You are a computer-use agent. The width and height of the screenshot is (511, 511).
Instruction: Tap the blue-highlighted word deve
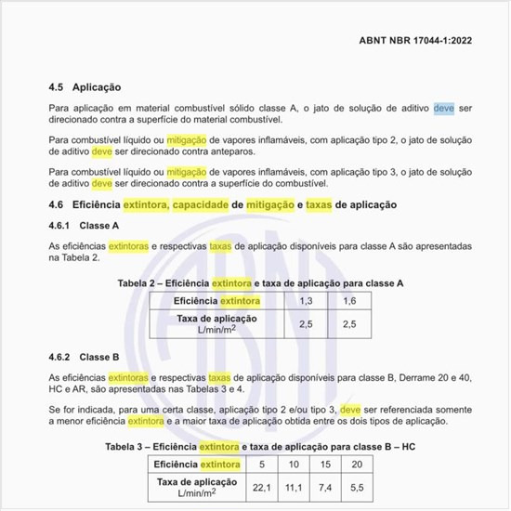(x=444, y=109)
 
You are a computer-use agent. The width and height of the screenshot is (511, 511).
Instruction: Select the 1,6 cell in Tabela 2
(x=349, y=301)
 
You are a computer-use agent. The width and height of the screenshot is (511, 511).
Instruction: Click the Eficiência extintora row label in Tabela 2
(x=217, y=301)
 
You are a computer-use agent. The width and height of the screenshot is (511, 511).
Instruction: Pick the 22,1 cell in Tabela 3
(x=261, y=486)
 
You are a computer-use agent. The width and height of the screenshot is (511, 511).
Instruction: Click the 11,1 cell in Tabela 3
(x=294, y=486)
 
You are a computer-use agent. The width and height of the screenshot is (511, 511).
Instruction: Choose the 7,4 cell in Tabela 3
(x=325, y=486)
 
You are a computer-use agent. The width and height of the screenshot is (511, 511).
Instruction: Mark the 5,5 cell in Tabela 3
(x=358, y=486)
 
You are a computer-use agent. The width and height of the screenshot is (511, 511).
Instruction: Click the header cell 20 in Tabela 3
(x=358, y=464)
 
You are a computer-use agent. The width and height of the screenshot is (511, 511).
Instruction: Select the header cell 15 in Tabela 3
(x=325, y=464)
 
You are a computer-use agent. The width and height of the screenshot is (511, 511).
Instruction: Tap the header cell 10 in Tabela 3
(x=294, y=464)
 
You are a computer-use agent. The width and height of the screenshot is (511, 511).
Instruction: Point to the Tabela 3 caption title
(x=261, y=446)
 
